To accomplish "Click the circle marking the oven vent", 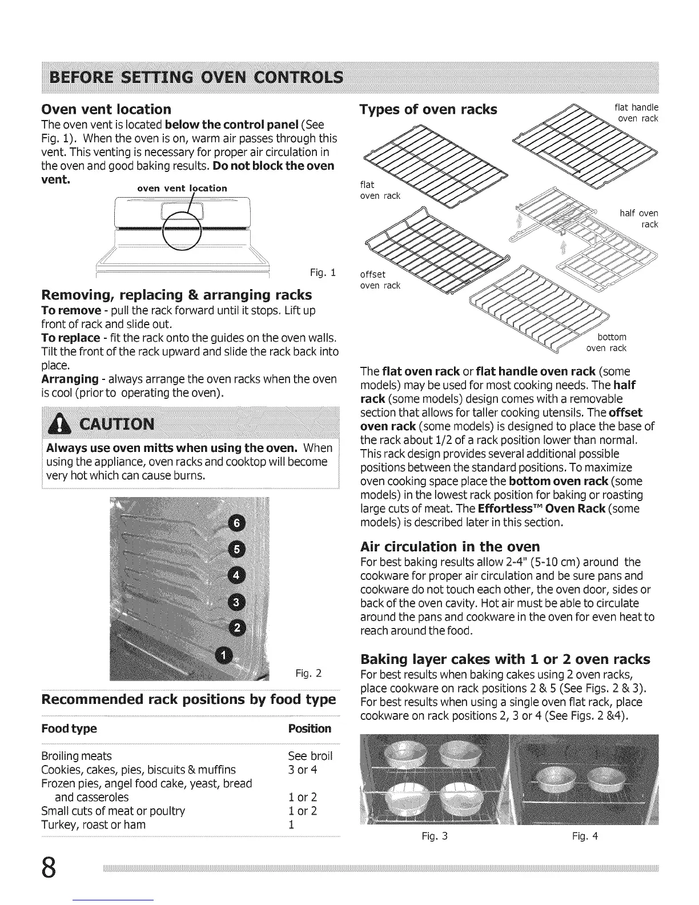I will (182, 232).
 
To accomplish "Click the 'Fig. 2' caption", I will (309, 673).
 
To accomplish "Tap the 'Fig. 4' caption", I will (585, 836).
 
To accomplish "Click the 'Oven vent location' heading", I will (107, 109).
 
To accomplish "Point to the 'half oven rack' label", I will (639, 219).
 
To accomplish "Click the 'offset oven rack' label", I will (380, 280).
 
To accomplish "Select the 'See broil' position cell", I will (310, 756).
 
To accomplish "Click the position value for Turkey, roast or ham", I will (292, 824).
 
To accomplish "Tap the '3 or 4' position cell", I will (303, 770).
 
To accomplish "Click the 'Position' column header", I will (310, 728).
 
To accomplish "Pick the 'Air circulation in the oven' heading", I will (450, 546).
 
